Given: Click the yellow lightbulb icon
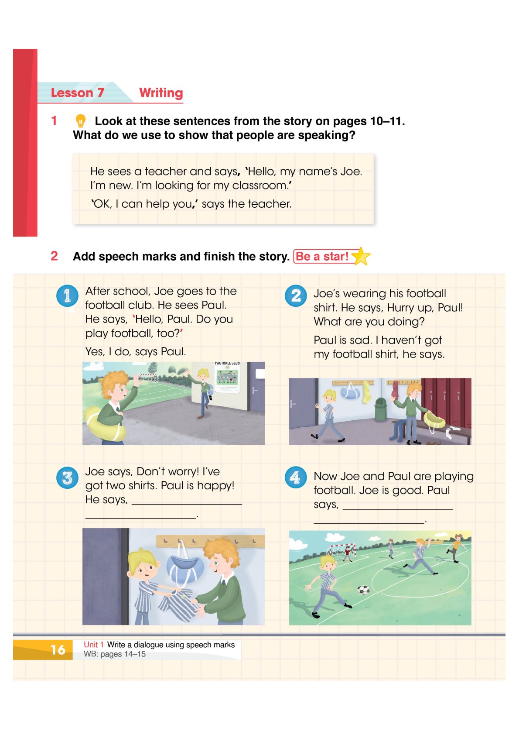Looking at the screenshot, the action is click(80, 120).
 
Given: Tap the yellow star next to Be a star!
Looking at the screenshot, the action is click(361, 256).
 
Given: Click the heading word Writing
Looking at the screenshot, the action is click(161, 93).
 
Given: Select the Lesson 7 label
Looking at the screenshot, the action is click(77, 93).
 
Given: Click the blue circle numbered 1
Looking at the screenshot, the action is click(67, 295).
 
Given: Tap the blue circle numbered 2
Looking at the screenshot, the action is click(296, 295).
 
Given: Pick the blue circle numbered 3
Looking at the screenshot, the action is click(67, 477).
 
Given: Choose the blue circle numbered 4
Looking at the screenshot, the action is click(296, 477).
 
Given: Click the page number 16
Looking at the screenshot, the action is click(58, 650).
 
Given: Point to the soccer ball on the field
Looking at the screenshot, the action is click(363, 590).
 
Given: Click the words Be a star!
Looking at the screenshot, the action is click(322, 256).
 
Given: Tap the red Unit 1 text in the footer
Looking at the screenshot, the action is click(93, 645).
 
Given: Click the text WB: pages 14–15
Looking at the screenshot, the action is click(114, 654).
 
